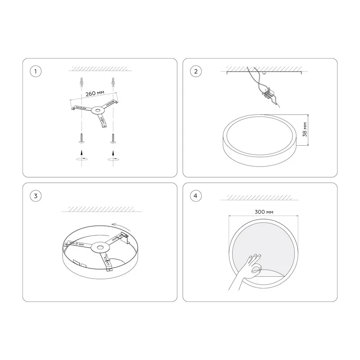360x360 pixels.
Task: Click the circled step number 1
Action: point(36,71)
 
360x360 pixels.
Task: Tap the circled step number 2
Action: point(196,71)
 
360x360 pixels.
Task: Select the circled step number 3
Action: point(36,196)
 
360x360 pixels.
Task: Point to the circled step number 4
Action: point(196,196)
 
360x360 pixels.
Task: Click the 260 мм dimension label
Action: point(95,93)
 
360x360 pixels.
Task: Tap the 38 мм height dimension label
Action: point(305,130)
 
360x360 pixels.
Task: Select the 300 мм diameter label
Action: point(264,212)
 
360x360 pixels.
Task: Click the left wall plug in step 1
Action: point(81,82)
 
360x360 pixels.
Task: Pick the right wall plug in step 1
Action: point(113,82)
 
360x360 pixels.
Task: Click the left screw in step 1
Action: point(81,138)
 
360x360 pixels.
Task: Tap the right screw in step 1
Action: point(113,139)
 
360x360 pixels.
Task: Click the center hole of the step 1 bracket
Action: point(98,111)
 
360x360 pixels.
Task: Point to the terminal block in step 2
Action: point(268,94)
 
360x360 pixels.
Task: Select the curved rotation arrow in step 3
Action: point(121,226)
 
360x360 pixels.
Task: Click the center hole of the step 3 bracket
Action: point(100,247)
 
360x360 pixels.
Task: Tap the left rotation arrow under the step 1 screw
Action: point(81,158)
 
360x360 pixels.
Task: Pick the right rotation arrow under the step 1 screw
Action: point(113,159)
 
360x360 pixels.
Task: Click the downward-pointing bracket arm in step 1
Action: point(103,121)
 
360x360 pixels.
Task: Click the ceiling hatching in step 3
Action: point(102,209)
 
